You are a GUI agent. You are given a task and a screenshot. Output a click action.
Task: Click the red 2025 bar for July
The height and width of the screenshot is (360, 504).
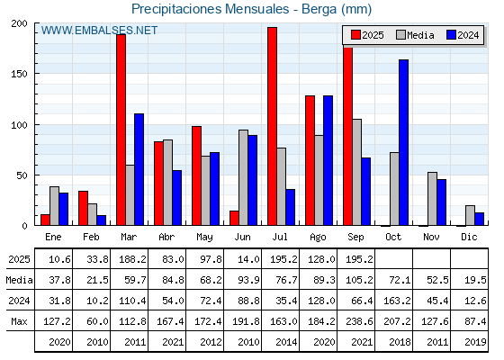coord(272,126)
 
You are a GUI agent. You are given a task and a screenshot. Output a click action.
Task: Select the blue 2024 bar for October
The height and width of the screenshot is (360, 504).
coord(404,142)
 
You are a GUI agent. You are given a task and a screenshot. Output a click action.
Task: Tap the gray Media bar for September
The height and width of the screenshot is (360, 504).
coord(356,172)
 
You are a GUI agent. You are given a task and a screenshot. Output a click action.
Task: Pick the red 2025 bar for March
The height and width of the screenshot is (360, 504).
coord(121,130)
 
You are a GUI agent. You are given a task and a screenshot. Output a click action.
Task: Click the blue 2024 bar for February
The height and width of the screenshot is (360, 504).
coord(101,220)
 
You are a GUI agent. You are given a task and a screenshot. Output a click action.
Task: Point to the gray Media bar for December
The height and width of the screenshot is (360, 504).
coord(470,215)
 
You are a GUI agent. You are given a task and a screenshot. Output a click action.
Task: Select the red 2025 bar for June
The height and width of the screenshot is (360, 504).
coord(234,218)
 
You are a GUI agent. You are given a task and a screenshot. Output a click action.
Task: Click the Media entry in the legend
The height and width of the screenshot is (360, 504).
coord(415,35)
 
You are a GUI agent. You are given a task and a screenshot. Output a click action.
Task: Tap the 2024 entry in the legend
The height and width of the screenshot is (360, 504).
coord(463,35)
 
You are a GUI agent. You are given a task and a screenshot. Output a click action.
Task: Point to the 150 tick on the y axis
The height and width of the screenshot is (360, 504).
coord(20,74)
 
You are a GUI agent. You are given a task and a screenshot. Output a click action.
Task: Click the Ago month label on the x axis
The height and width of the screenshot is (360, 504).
coord(318,238)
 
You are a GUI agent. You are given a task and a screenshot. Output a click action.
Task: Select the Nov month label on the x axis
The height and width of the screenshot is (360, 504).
coord(431,238)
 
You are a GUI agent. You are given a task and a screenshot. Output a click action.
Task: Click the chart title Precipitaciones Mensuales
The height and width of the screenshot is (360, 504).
coord(211,9)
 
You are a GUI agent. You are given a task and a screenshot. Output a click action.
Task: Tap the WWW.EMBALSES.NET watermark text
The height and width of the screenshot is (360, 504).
coord(99,31)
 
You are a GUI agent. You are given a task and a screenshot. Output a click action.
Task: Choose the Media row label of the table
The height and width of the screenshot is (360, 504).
coord(19,280)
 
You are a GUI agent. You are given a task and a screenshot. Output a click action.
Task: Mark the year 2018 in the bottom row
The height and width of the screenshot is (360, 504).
coord(400,342)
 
